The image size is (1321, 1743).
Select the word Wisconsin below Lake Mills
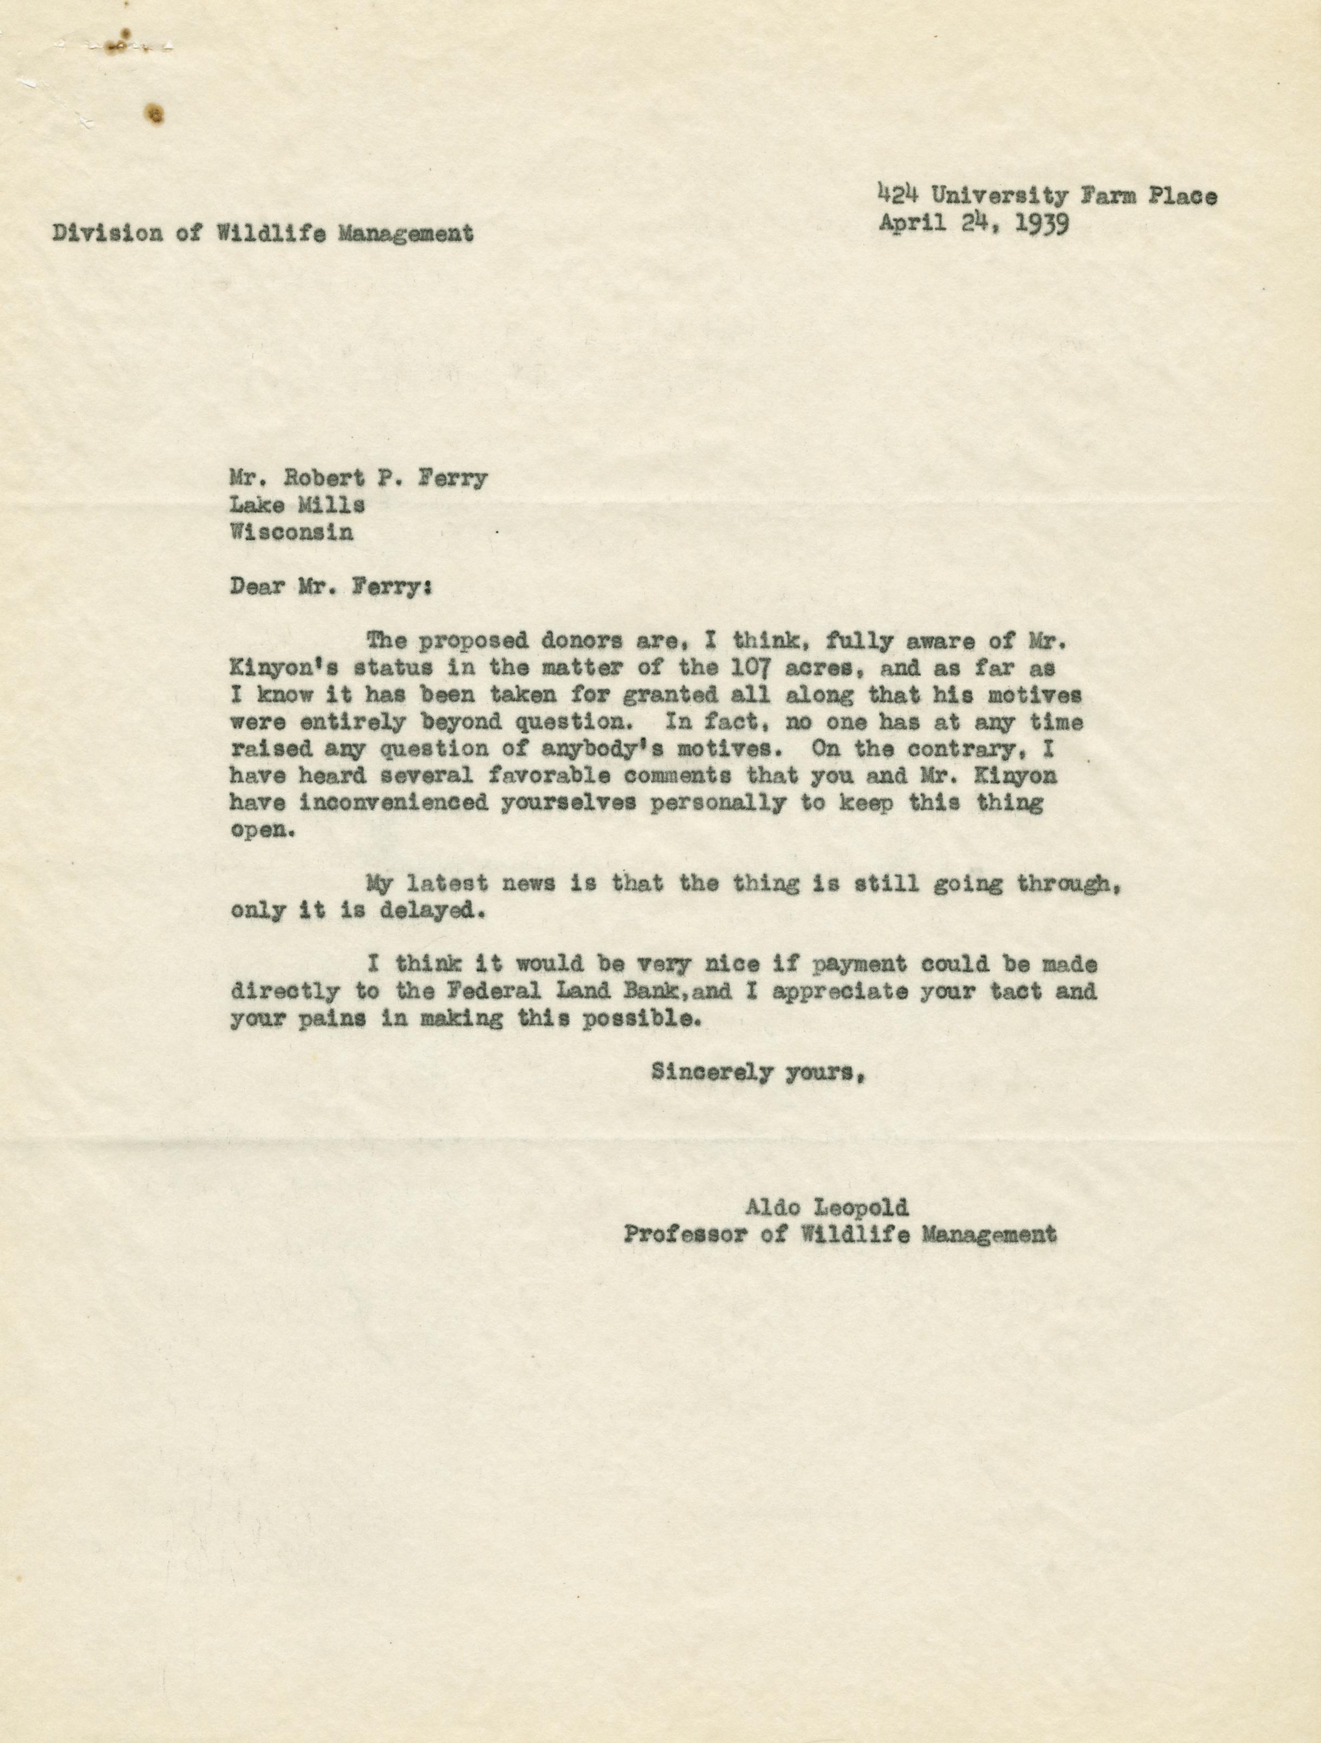tap(291, 533)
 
